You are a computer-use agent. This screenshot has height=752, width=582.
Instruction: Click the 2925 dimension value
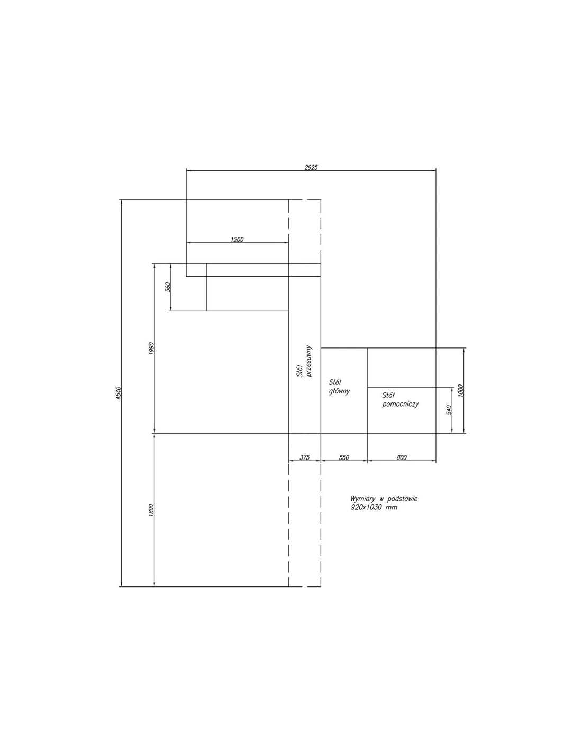tap(311, 168)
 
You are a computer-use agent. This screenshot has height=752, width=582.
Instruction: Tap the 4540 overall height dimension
tap(119, 393)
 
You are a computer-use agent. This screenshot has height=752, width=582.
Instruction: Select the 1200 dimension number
tap(237, 240)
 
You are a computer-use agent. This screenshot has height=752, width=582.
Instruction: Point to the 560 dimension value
tap(168, 287)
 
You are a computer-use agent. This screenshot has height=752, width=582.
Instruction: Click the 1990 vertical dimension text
tap(151, 350)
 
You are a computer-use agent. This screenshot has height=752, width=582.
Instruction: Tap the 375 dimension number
tap(304, 457)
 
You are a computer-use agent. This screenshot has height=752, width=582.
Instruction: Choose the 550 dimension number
tap(344, 457)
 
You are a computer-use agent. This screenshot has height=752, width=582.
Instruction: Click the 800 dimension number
tap(402, 457)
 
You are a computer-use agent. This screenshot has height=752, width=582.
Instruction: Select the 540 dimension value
tap(449, 410)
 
